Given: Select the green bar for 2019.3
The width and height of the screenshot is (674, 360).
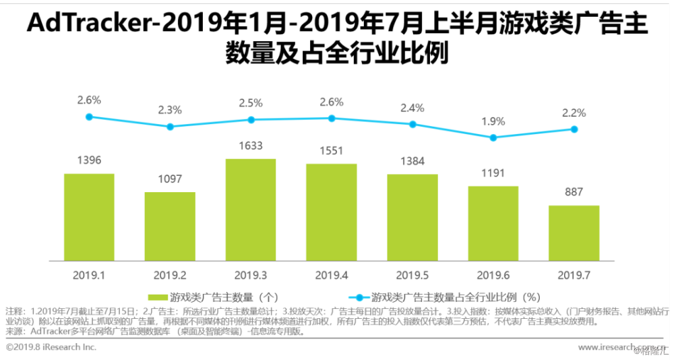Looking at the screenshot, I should [250, 210].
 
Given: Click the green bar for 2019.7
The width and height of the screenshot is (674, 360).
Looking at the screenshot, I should [574, 233].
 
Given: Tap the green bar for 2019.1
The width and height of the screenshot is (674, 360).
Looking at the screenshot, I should [89, 217].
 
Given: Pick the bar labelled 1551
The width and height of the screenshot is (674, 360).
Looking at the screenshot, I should [331, 212].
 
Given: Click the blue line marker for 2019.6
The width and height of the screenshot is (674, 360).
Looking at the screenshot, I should [493, 138].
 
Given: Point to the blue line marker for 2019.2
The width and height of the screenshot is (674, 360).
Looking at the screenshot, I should [170, 127].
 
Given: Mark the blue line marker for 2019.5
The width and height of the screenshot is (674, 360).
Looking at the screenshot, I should [412, 124].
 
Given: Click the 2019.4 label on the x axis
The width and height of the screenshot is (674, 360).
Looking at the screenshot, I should [331, 275].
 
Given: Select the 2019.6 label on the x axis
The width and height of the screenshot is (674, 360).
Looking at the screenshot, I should [493, 275].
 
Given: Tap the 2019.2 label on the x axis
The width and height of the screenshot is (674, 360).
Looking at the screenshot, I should [170, 275].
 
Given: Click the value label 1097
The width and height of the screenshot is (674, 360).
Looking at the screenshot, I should [170, 180].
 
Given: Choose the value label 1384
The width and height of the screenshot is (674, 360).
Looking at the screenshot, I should [412, 162].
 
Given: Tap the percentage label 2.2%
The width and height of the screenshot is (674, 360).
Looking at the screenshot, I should [574, 113].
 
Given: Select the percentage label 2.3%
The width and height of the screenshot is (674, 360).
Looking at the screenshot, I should [170, 110].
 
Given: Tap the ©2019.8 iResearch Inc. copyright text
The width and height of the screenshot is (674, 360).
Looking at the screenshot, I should [51, 347].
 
